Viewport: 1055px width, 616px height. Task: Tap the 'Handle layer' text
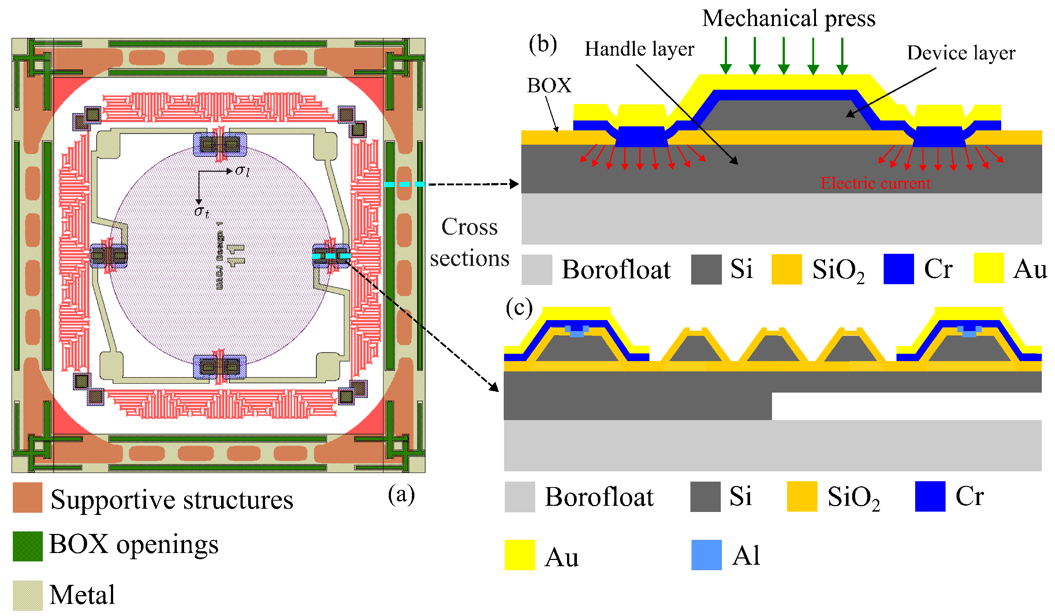pyautogui.click(x=639, y=49)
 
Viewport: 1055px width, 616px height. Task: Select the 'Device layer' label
pyautogui.click(x=961, y=53)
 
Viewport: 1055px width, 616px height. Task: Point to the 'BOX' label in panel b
pyautogui.click(x=549, y=86)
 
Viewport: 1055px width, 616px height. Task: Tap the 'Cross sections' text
pyautogui.click(x=469, y=242)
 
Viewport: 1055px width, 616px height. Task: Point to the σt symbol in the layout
pyautogui.click(x=201, y=211)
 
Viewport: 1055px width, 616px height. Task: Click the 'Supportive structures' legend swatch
pyautogui.click(x=27, y=497)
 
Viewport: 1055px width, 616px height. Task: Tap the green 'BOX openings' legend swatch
pyautogui.click(x=27, y=546)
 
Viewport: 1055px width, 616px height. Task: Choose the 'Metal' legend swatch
pyautogui.click(x=27, y=595)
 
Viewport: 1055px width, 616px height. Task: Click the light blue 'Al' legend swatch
pyautogui.click(x=706, y=555)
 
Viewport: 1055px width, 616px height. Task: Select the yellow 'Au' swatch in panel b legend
pyautogui.click(x=988, y=268)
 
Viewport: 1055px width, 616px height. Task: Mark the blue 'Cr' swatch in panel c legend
pyautogui.click(x=930, y=496)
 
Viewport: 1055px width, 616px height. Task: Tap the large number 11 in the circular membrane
pyautogui.click(x=235, y=255)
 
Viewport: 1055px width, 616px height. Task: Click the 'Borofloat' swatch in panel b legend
pyautogui.click(x=537, y=270)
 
